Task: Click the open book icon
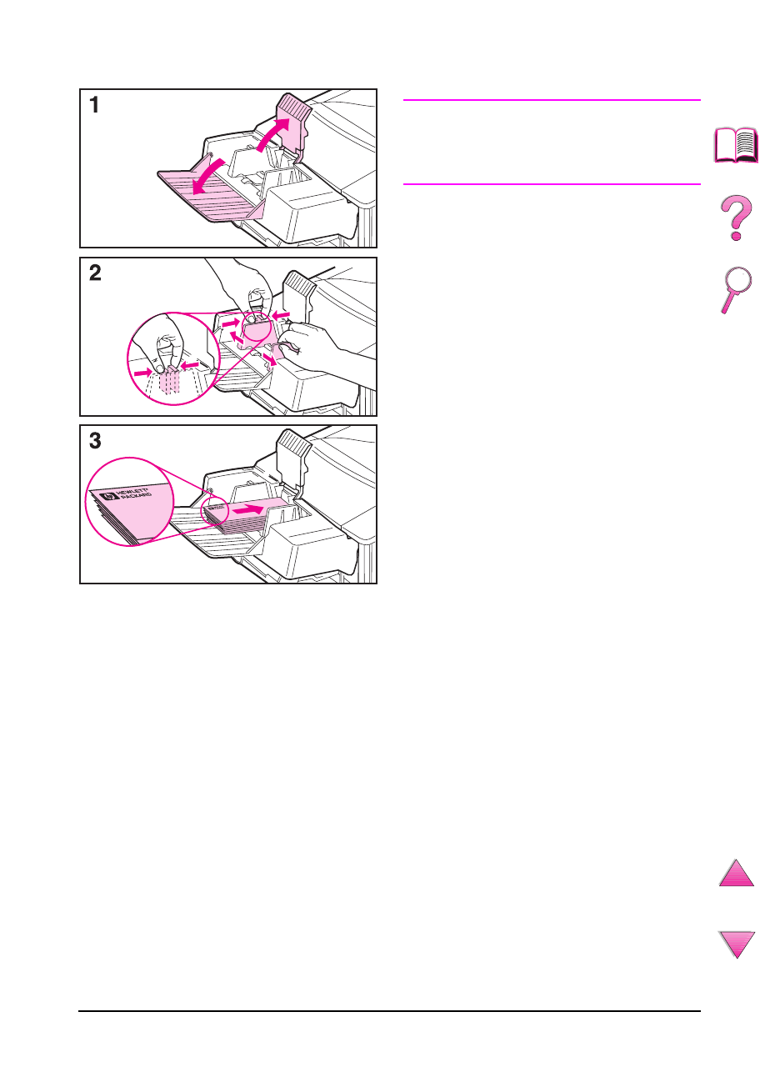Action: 736,145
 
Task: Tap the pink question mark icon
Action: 736,218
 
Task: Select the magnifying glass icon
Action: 736,289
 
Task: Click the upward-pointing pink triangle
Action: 736,873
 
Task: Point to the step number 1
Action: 94,105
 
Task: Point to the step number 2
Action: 95,273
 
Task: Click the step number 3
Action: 95,441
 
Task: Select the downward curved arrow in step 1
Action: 207,177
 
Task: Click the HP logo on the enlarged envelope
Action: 109,496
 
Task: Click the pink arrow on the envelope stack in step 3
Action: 248,509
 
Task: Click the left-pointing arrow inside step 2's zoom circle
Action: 190,365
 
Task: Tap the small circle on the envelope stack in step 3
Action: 215,511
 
